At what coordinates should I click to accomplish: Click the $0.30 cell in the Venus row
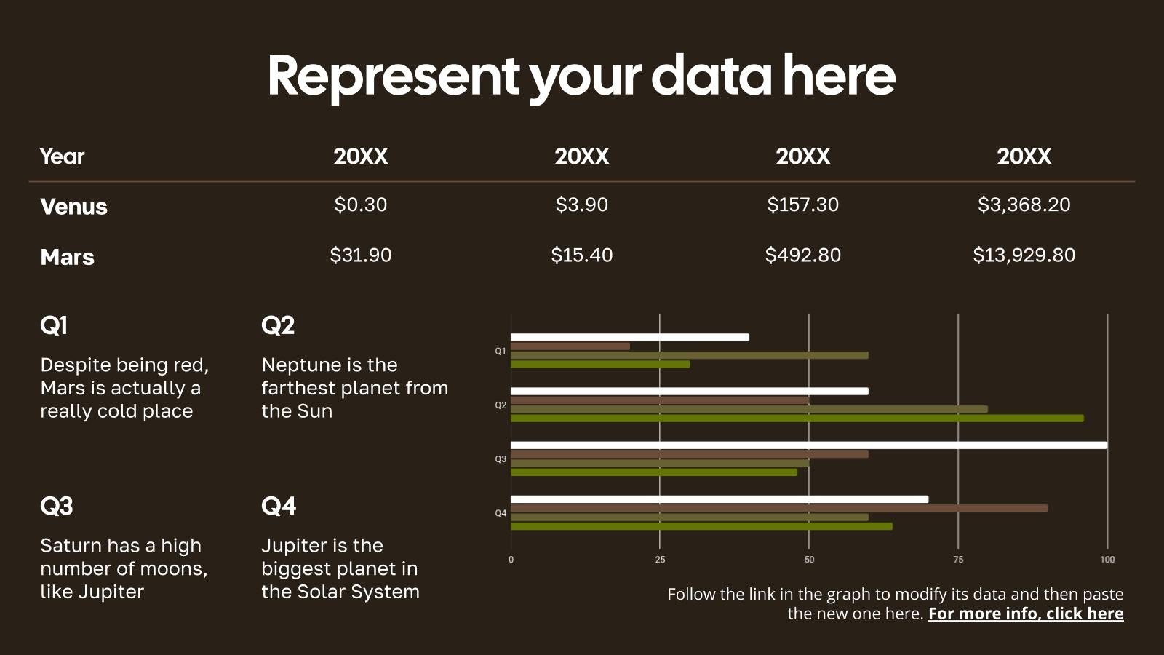pos(361,205)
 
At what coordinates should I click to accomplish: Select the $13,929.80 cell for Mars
pos(1024,255)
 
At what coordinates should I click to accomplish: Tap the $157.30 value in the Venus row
pos(803,205)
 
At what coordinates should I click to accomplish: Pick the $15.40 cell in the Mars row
pos(581,255)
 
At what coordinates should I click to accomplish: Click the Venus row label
pos(73,207)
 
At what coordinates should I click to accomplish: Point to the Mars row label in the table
pos(68,258)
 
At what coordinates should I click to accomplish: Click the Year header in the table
pos(63,156)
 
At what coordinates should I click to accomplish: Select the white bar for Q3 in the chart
pos(809,445)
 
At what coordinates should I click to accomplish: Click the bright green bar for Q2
pos(797,418)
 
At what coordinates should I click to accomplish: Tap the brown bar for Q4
pos(779,509)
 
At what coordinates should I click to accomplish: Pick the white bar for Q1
pos(630,338)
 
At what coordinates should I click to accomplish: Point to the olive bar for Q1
pos(690,356)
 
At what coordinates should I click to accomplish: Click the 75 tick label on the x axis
pos(958,560)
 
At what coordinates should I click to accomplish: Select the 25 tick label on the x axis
pos(660,560)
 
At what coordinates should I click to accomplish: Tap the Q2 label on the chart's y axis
pos(501,405)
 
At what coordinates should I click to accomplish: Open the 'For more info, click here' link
pos(1026,614)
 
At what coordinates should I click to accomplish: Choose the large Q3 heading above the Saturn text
pos(57,506)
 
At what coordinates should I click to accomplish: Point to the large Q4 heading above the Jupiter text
pos(279,506)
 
